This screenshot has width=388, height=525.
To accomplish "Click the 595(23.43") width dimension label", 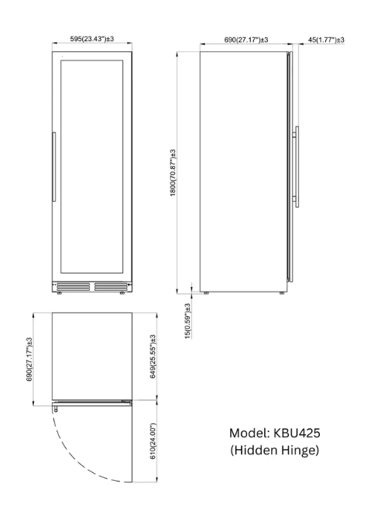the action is (92, 39).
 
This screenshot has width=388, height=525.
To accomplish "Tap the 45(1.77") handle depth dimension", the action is (326, 40).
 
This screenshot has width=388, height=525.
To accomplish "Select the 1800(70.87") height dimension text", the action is (173, 173).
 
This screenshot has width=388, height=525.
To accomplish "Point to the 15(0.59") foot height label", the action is (187, 321).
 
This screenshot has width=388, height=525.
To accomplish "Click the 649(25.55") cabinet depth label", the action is (153, 357).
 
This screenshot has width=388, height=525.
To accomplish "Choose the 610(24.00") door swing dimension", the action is (153, 441).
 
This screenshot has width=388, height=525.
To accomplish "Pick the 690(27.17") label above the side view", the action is (246, 40).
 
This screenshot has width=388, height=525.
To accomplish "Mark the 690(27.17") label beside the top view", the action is (29, 359).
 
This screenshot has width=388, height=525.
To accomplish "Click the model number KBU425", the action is (297, 433).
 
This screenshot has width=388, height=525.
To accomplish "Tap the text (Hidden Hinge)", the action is (274, 450).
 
